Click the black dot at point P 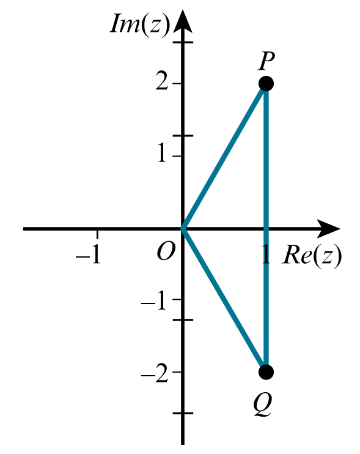point(266,84)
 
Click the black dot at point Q point(266,372)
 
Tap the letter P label point(266,61)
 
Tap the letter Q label point(263,405)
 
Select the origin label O point(166,251)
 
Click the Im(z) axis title point(140,24)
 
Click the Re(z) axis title point(312,255)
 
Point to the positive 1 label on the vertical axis point(162,154)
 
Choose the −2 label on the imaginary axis point(155,374)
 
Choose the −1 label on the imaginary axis point(154,303)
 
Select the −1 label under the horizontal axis point(89,255)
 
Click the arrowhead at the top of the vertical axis point(183,20)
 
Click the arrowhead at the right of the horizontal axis point(328,229)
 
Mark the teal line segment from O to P point(224,157)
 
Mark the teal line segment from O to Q point(224,300)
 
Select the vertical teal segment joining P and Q point(266,228)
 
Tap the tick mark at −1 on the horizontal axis point(97,234)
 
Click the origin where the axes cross point(183,229)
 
